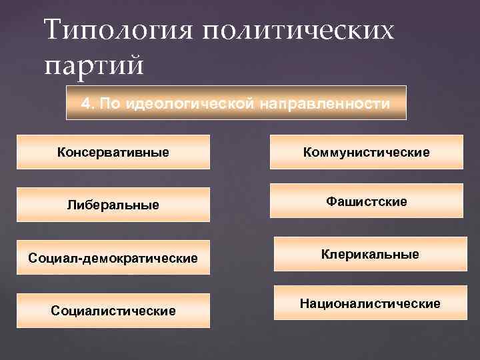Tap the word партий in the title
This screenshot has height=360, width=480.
tap(93, 65)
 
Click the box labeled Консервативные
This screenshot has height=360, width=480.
tap(113, 152)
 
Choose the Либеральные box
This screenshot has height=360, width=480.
tap(113, 204)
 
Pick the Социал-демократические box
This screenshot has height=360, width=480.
tap(113, 257)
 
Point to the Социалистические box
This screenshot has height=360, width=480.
tap(113, 311)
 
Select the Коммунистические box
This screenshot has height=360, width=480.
tap(366, 152)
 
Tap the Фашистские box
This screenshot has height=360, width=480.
tap(366, 201)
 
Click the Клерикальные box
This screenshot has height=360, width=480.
tap(370, 254)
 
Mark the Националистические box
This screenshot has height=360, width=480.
tap(370, 303)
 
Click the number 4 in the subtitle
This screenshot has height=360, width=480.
tap(85, 103)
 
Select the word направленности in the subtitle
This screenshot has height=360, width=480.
tap(325, 103)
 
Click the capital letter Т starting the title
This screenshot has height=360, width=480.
tap(53, 31)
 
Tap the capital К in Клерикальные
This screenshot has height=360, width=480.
tap(325, 254)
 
